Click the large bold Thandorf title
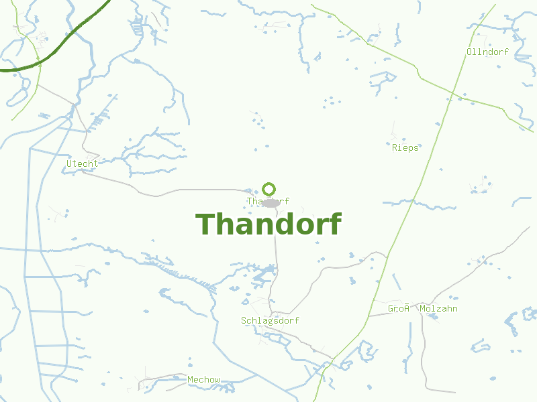(x=268, y=224)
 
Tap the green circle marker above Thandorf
(x=269, y=189)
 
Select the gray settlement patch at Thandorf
(x=271, y=203)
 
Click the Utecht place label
(x=82, y=163)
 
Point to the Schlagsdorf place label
(x=270, y=321)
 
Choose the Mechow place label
(x=203, y=380)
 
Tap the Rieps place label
(x=405, y=147)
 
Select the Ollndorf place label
(x=487, y=52)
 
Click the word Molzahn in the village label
(x=438, y=309)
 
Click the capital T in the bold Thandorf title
(x=205, y=224)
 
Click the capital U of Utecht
(x=69, y=163)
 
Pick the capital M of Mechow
(x=191, y=380)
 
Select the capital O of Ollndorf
(x=469, y=52)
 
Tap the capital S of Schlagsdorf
(x=244, y=321)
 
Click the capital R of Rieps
(x=395, y=147)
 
